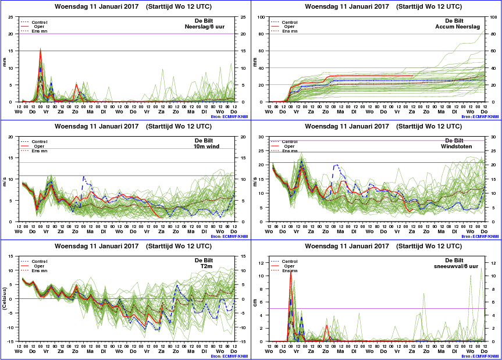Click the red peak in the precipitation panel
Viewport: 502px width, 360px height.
point(40,50)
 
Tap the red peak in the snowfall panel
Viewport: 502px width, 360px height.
point(290,272)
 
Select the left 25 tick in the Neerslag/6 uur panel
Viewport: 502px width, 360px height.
point(12,17)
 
